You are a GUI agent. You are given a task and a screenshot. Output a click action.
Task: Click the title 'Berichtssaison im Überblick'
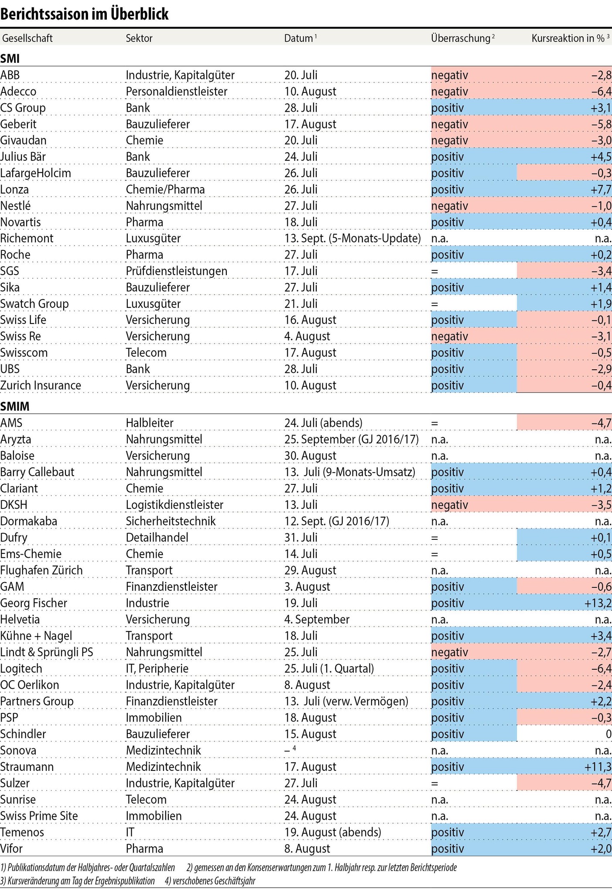coord(84,14)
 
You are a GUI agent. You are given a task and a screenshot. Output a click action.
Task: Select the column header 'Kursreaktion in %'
coord(569,38)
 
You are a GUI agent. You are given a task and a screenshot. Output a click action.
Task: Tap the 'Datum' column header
coord(299,38)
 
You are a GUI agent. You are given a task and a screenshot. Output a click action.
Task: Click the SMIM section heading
coord(15,406)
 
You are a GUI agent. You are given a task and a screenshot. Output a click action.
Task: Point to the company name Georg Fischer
coord(34,603)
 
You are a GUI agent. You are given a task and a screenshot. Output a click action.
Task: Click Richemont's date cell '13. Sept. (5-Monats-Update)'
coord(352,239)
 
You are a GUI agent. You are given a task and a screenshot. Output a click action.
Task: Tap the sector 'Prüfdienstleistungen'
coord(176,271)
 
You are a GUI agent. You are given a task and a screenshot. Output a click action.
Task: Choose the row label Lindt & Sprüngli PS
coord(47,652)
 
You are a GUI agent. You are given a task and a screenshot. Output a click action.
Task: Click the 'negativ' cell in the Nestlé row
coord(449,206)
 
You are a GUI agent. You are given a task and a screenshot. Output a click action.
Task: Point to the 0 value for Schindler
coord(608,734)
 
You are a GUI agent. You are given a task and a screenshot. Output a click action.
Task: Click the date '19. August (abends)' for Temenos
coord(332,832)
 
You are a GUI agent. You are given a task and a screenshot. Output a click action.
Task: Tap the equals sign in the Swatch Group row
coord(434,304)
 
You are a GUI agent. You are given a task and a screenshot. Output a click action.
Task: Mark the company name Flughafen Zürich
coord(41,570)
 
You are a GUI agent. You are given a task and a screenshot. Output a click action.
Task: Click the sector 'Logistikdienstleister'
coord(174,505)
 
